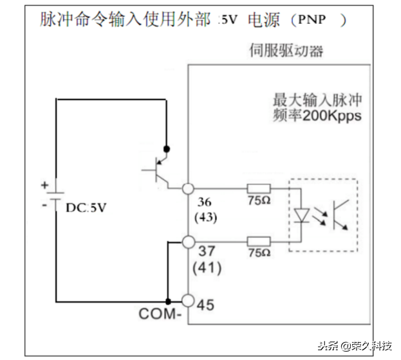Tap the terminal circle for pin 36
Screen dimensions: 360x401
pyautogui.click(x=188, y=189)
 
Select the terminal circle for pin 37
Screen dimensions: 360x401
pyautogui.click(x=188, y=242)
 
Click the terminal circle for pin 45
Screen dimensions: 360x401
pyautogui.click(x=188, y=301)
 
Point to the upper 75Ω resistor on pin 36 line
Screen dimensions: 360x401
pyautogui.click(x=258, y=189)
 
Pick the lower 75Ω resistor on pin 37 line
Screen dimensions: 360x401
pyautogui.click(x=258, y=242)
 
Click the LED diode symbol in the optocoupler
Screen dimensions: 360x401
pyautogui.click(x=301, y=214)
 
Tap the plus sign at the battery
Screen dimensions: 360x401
pyautogui.click(x=44, y=184)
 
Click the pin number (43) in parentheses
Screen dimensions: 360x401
pyautogui.click(x=205, y=217)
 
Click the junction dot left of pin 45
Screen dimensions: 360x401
pyautogui.click(x=167, y=301)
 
